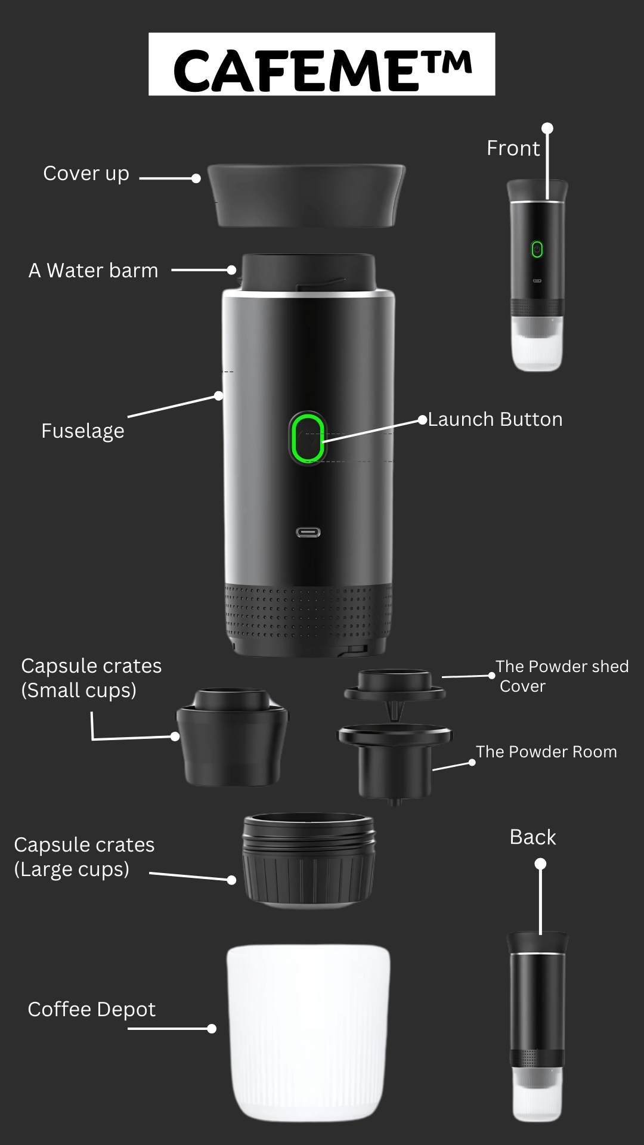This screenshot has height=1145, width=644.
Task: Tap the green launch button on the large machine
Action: [x=308, y=438]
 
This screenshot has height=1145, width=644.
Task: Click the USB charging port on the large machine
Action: [x=308, y=532]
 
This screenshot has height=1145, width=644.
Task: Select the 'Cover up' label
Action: [x=86, y=174]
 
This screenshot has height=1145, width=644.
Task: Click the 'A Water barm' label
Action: [x=94, y=271]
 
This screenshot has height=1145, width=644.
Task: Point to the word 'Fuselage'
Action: [x=83, y=431]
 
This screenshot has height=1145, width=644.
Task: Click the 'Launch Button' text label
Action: [x=495, y=419]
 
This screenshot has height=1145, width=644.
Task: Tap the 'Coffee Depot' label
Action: [x=92, y=1009]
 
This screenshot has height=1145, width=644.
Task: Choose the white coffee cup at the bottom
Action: [x=308, y=1032]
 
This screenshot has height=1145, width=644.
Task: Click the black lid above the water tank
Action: [x=306, y=196]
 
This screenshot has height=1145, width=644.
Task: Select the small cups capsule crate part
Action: [x=233, y=738]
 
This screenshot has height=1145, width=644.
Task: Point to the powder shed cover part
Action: [x=395, y=686]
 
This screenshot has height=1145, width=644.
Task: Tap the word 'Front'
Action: [x=513, y=148]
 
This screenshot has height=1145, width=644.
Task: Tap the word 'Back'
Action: [x=532, y=837]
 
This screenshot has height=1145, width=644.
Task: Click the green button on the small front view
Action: [x=537, y=249]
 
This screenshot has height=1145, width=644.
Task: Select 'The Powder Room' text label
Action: [x=546, y=752]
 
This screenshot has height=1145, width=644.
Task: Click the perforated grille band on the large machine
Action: [x=308, y=611]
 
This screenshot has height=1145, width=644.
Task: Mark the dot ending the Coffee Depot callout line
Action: [x=212, y=1029]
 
